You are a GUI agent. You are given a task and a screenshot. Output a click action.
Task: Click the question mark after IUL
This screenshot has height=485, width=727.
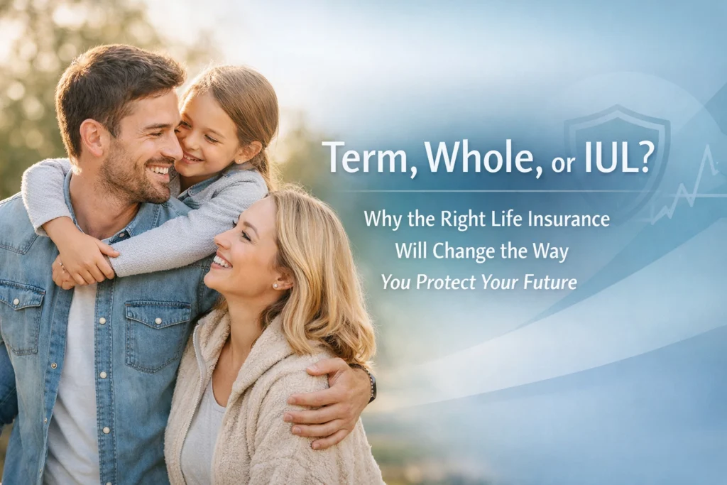(645, 158)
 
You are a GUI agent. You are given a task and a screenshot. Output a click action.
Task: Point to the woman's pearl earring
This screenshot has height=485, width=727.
(274, 285)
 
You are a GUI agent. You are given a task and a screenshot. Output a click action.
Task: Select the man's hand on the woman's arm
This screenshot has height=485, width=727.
(323, 405)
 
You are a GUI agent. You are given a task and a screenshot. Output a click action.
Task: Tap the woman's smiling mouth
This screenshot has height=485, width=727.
(222, 261)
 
